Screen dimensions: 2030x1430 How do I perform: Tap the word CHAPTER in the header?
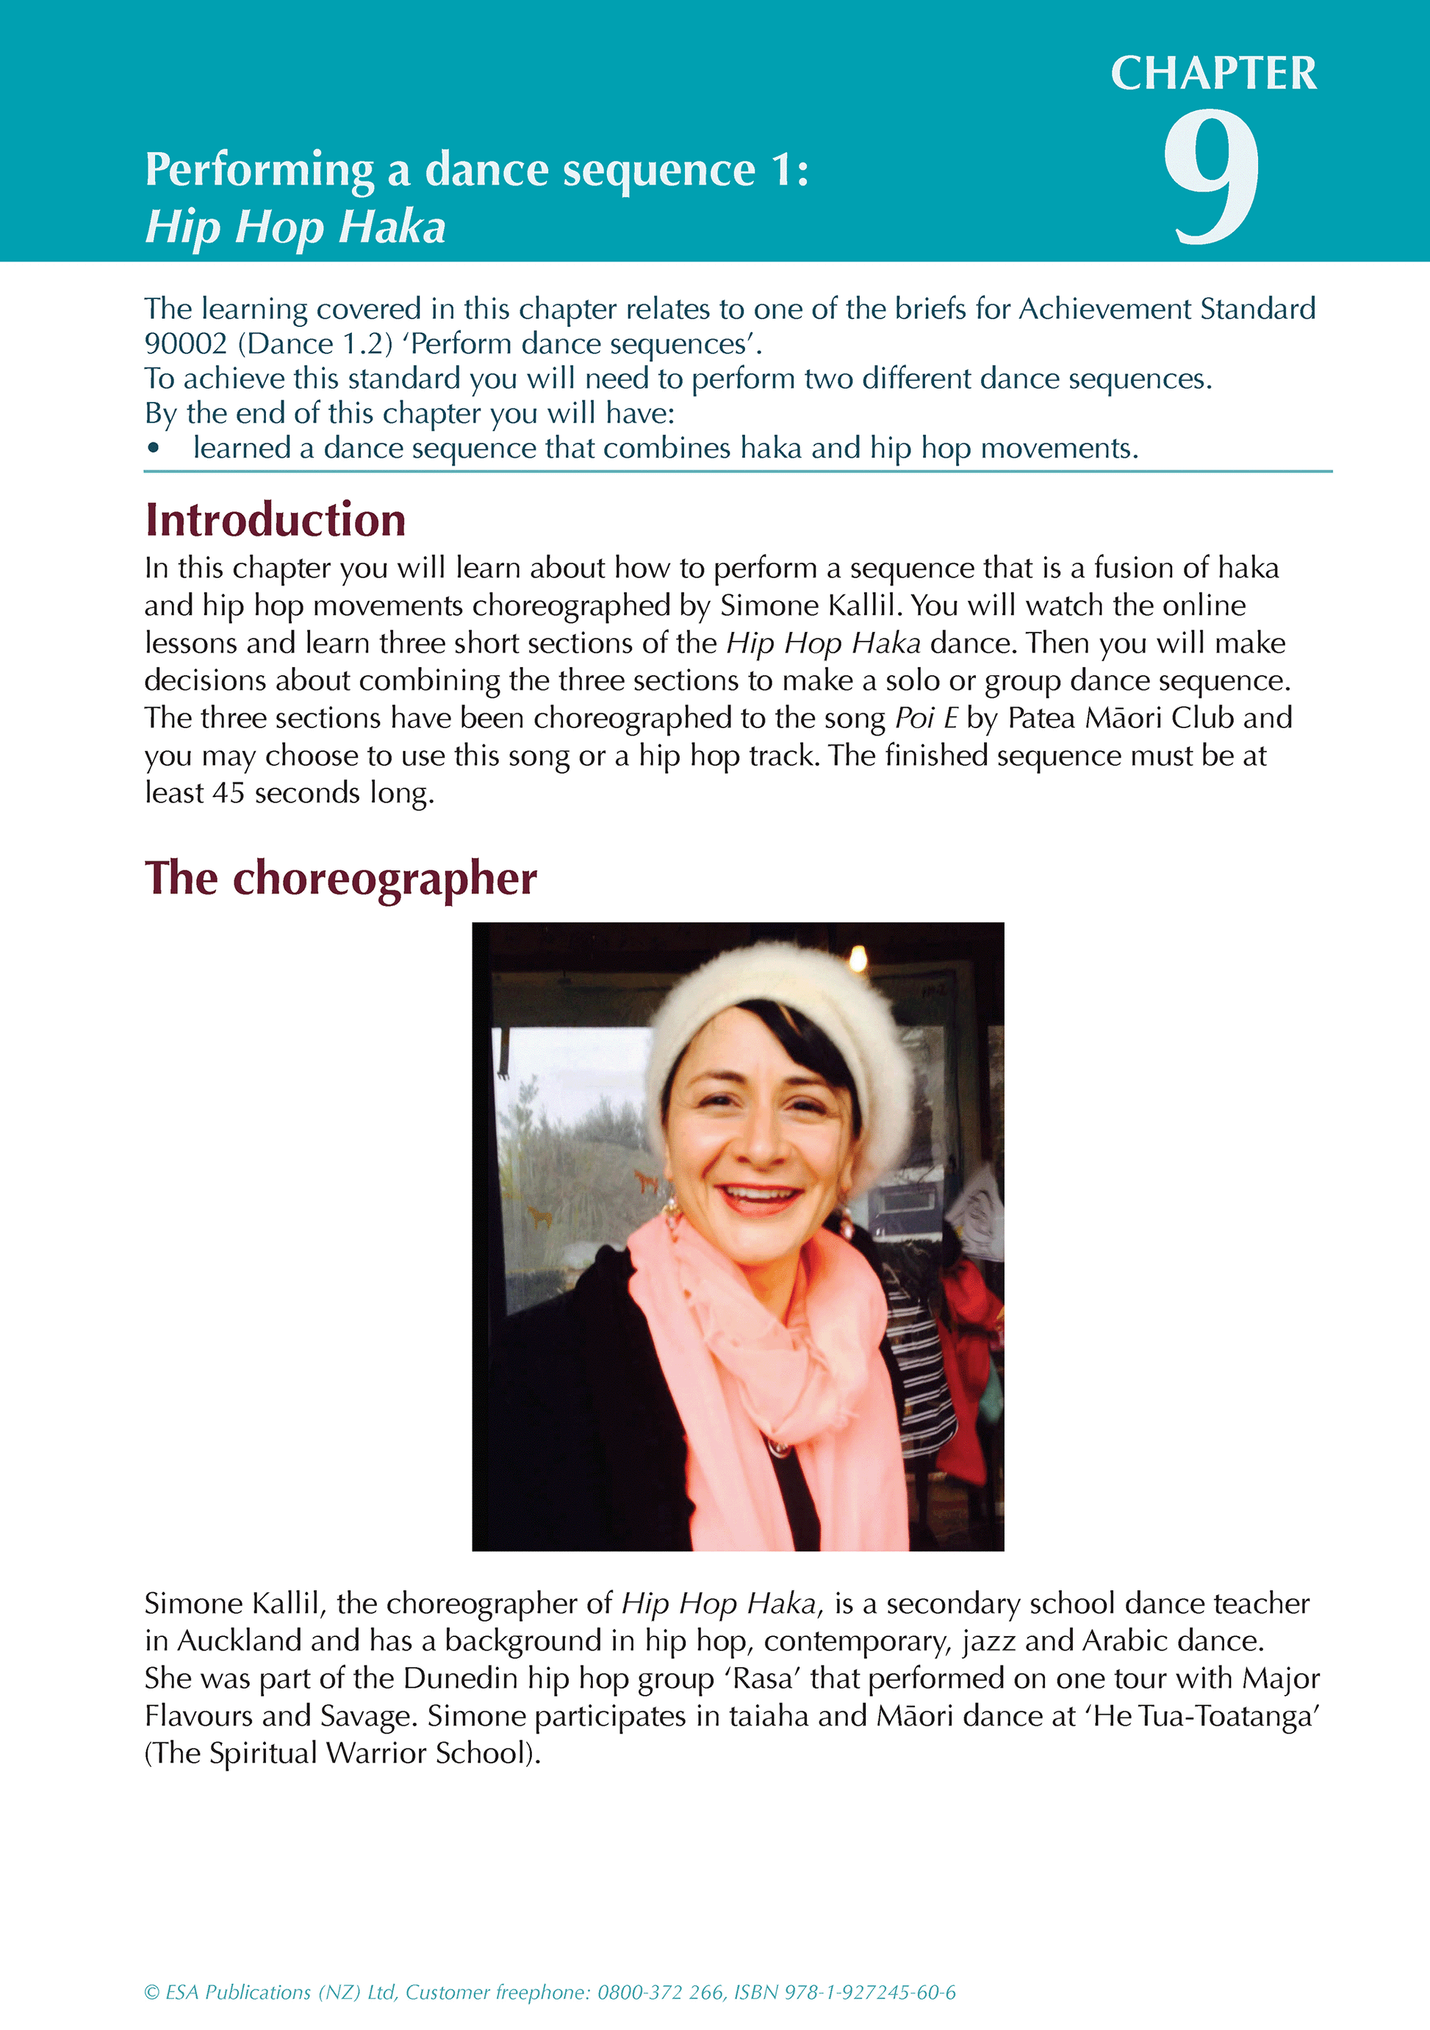click(1213, 73)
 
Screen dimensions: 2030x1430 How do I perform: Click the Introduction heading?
click(275, 520)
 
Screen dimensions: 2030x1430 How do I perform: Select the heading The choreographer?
click(340, 879)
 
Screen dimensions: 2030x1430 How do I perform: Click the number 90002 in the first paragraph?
click(186, 344)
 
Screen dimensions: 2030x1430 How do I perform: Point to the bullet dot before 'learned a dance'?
click(154, 449)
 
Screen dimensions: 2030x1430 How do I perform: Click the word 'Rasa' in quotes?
click(763, 1678)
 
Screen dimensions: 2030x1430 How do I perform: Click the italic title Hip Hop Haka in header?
click(295, 227)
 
